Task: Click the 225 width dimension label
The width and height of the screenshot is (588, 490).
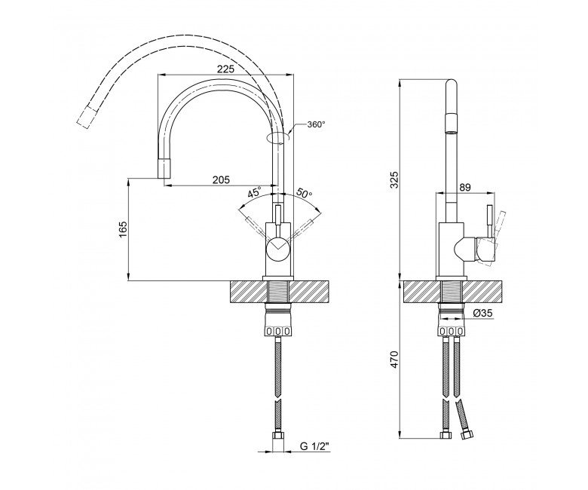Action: coord(225,69)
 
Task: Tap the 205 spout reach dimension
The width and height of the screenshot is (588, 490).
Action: coord(221,180)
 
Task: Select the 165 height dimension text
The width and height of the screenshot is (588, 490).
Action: coord(124,230)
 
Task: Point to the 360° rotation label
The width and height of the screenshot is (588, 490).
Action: coord(316,124)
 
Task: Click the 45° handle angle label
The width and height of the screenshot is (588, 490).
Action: coord(254,193)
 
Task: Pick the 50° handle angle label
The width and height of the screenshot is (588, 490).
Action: coord(305,193)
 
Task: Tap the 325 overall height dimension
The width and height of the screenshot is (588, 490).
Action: coord(394,181)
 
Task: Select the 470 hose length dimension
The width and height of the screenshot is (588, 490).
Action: coord(394,360)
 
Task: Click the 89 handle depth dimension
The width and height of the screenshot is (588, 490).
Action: coord(465,187)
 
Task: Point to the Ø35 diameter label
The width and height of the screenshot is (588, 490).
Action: coord(482,313)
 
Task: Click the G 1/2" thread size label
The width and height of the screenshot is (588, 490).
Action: coord(314,446)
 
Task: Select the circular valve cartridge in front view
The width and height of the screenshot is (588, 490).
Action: coord(278,250)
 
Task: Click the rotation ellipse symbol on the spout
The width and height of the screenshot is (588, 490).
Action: coord(278,138)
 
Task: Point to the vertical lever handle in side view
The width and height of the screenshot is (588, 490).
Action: coord(490,221)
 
